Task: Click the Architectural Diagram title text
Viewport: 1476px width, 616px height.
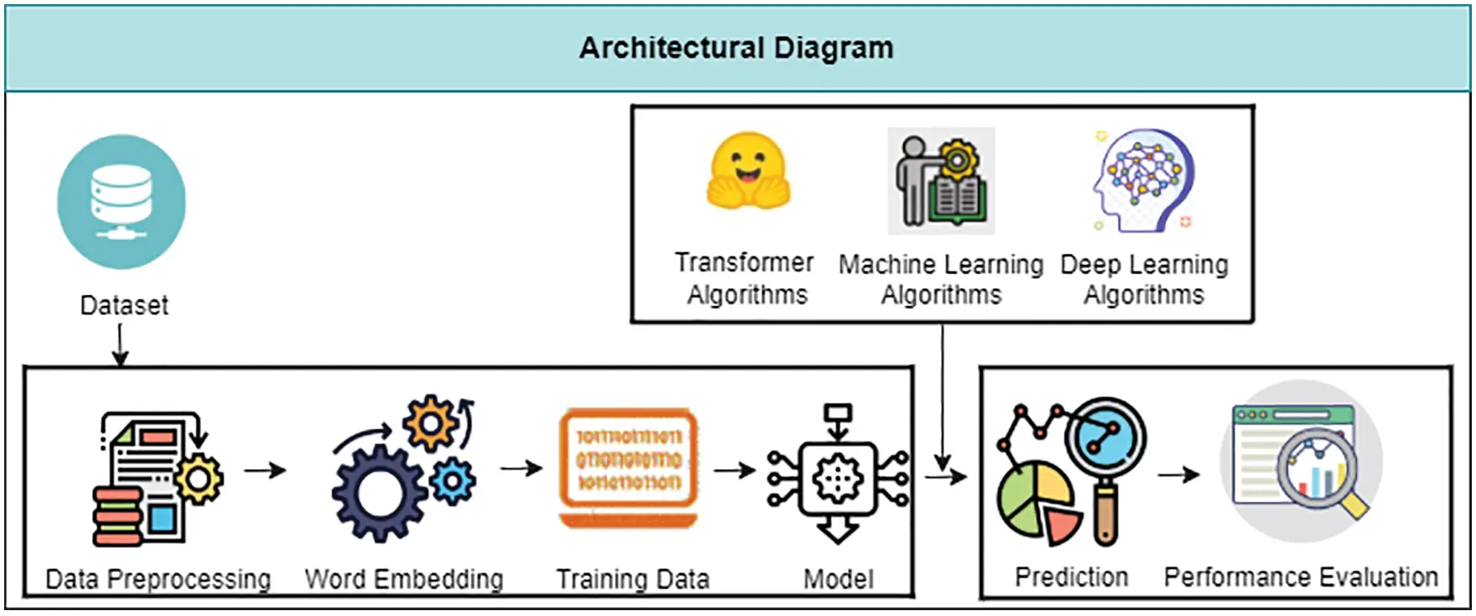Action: click(x=736, y=48)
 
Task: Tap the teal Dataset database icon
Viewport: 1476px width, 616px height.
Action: click(x=122, y=201)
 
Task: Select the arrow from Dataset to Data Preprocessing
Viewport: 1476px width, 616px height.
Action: click(x=120, y=344)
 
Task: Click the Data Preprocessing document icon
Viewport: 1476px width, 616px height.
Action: click(x=158, y=479)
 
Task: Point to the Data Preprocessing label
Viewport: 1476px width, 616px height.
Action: click(x=159, y=578)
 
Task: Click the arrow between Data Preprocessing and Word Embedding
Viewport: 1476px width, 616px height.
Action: click(x=265, y=470)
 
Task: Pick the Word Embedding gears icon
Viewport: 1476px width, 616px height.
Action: click(x=404, y=468)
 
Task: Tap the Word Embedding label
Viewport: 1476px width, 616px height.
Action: click(x=404, y=578)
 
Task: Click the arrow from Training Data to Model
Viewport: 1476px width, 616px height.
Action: click(x=735, y=470)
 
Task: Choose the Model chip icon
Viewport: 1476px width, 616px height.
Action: click(x=838, y=474)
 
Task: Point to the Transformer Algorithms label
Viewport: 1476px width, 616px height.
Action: click(x=746, y=278)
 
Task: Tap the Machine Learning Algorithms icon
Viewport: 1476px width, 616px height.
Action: click(x=941, y=181)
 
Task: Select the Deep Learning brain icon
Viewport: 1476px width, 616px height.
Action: click(x=1143, y=180)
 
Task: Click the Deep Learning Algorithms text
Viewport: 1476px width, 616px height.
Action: click(x=1144, y=279)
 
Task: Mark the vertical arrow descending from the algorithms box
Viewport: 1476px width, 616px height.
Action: click(x=943, y=397)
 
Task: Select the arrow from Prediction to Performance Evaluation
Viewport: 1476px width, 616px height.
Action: click(x=1179, y=474)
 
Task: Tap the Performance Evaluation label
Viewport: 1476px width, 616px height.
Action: click(x=1301, y=577)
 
